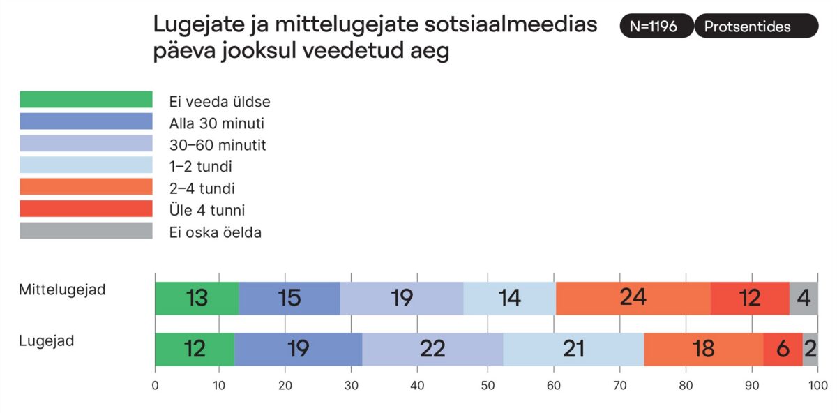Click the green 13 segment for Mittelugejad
[197, 299]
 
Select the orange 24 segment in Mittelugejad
[633, 299]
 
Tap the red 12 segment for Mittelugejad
[750, 299]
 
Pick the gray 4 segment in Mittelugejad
[804, 299]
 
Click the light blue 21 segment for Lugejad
[573, 349]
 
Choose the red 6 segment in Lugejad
[783, 349]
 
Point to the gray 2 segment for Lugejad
[810, 349]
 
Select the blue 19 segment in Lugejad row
[298, 349]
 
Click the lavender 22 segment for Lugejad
[432, 349]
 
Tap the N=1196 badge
[656, 27]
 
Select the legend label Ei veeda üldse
[220, 102]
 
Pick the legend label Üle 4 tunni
[207, 210]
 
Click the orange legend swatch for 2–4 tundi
[86, 187]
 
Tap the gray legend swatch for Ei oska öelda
[86, 230]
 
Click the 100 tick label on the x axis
[817, 386]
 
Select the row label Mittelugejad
[63, 290]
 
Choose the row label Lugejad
[47, 341]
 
